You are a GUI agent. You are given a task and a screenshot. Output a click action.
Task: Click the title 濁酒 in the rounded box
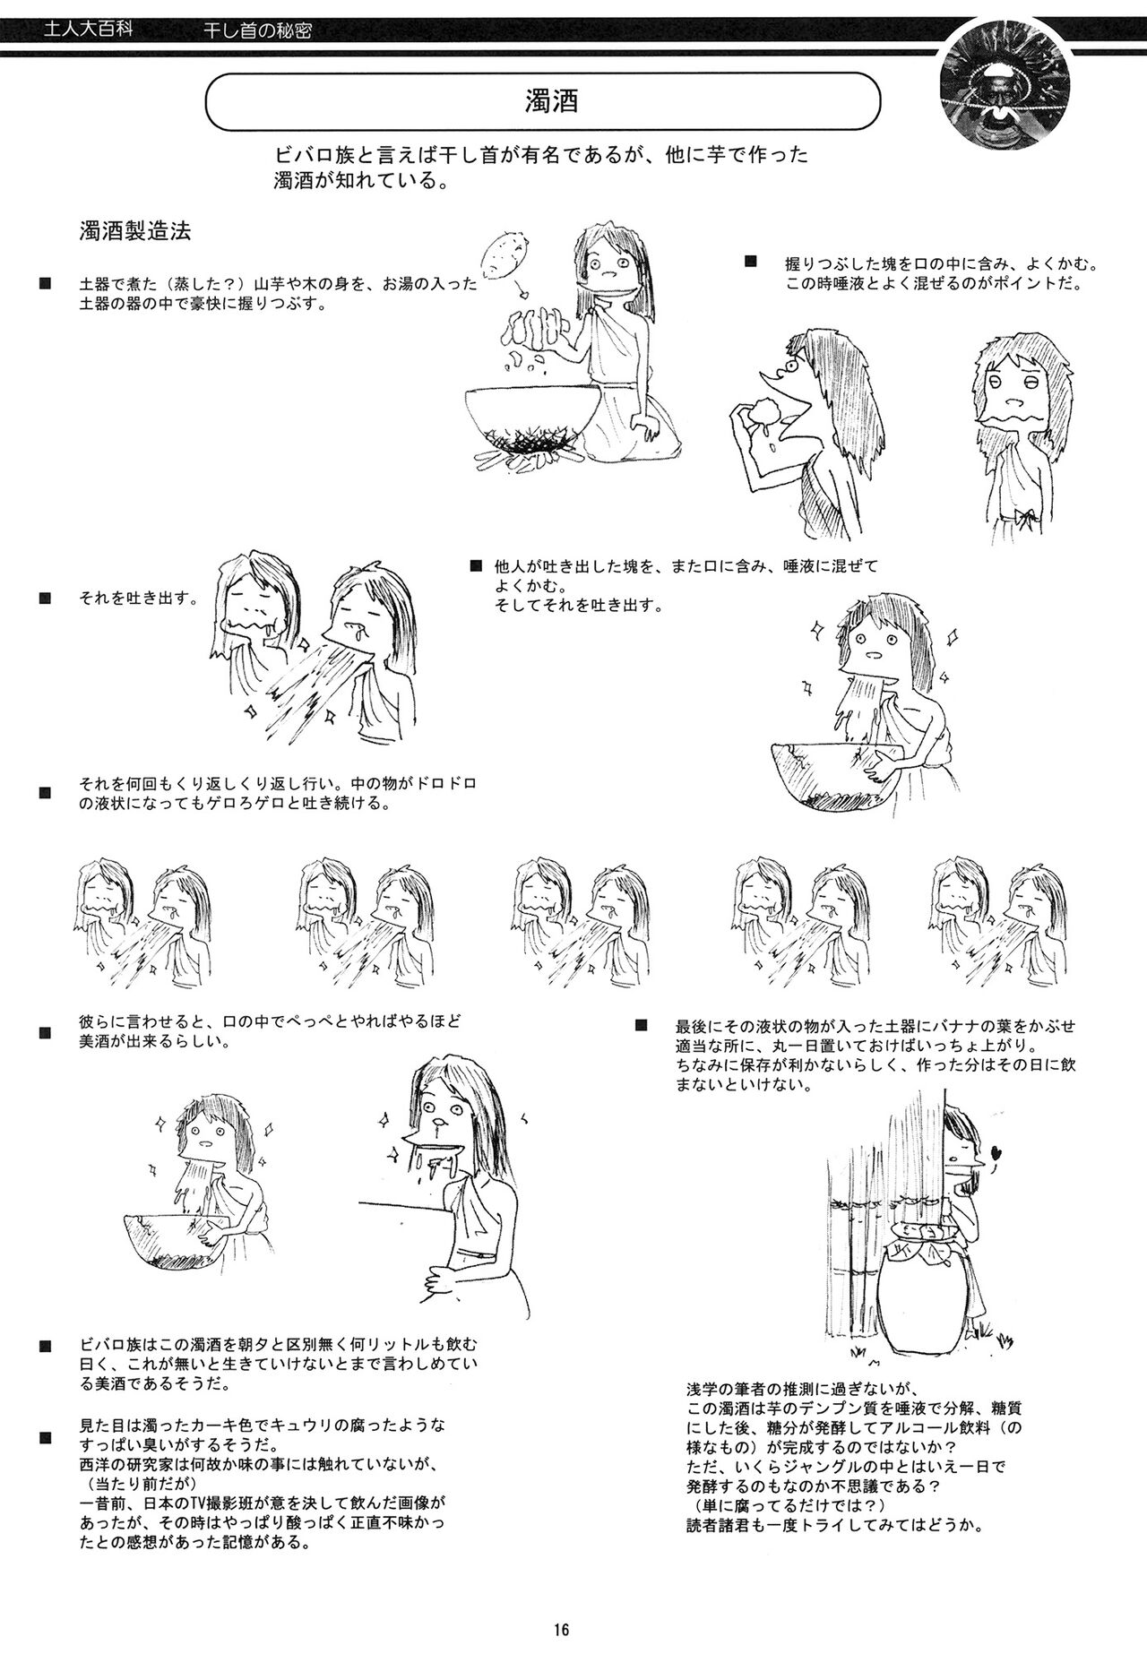click(550, 101)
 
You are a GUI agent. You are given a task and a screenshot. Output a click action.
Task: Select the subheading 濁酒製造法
click(134, 232)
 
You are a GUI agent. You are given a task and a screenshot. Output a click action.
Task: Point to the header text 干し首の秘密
click(259, 33)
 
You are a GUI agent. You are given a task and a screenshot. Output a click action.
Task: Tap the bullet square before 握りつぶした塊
click(751, 263)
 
